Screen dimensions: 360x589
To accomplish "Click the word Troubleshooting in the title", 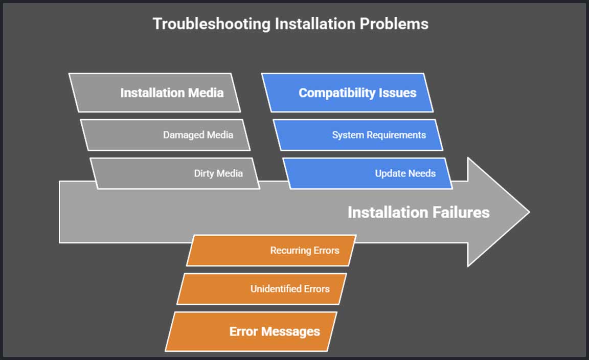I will pos(193,24).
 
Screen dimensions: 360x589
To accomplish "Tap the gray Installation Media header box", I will pos(154,93).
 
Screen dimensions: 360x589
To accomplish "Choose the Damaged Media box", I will pos(165,135).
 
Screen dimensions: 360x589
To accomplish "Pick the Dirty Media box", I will pos(175,173).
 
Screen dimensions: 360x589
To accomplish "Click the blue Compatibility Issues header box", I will pos(347,93).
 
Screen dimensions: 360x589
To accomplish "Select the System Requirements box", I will pos(357,135).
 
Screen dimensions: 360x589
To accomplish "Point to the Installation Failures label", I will pos(418,212).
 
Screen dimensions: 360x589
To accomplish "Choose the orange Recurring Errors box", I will pos(271,251).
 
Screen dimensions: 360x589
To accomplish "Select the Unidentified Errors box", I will pos(261,289).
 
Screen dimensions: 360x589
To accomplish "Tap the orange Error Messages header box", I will pos(251,331).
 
